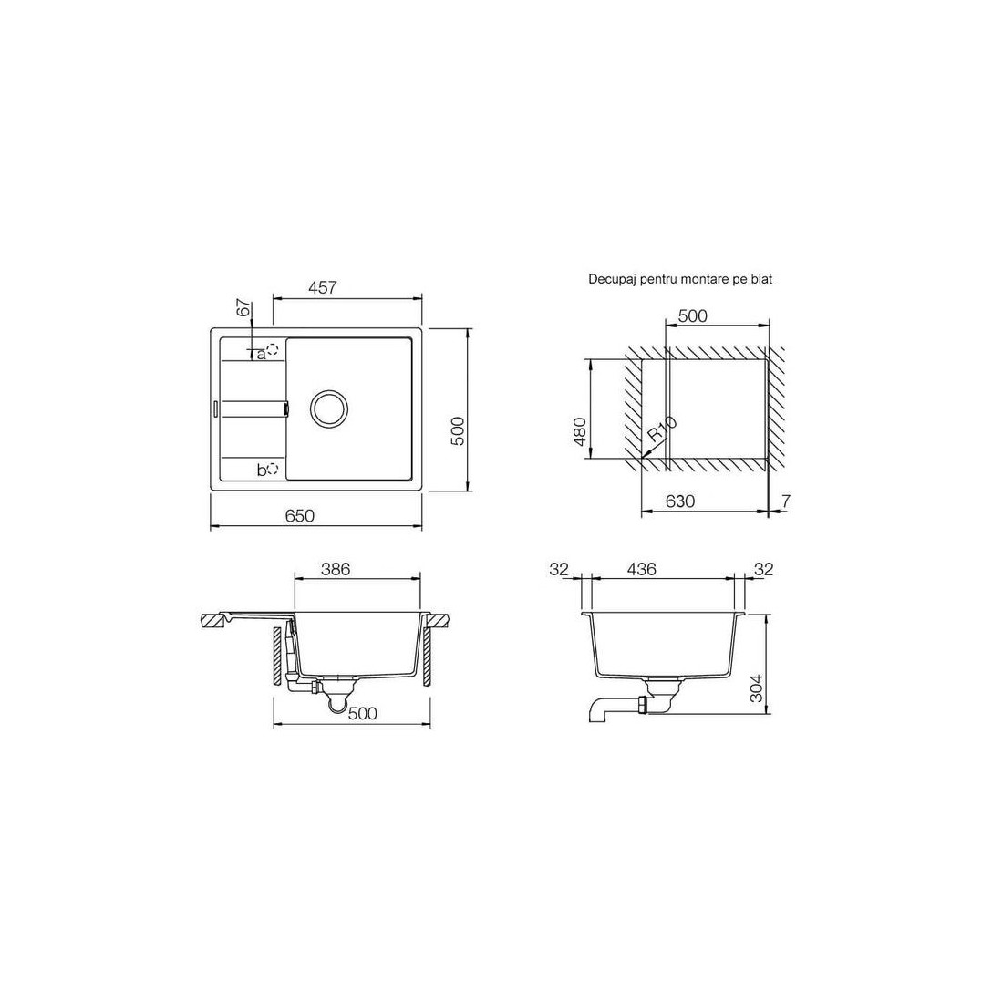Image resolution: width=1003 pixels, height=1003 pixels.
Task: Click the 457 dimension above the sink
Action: (x=323, y=288)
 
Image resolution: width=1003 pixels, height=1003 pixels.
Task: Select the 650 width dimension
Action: (x=300, y=515)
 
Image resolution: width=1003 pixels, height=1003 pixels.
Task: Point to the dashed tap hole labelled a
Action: (x=274, y=349)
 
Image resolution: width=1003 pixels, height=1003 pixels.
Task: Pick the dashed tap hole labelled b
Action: (x=274, y=469)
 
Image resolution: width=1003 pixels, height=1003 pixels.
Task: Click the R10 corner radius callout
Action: (x=661, y=429)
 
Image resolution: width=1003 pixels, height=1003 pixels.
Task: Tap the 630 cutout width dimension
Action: (x=680, y=501)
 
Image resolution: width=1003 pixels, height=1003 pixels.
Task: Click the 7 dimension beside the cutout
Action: (x=786, y=501)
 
